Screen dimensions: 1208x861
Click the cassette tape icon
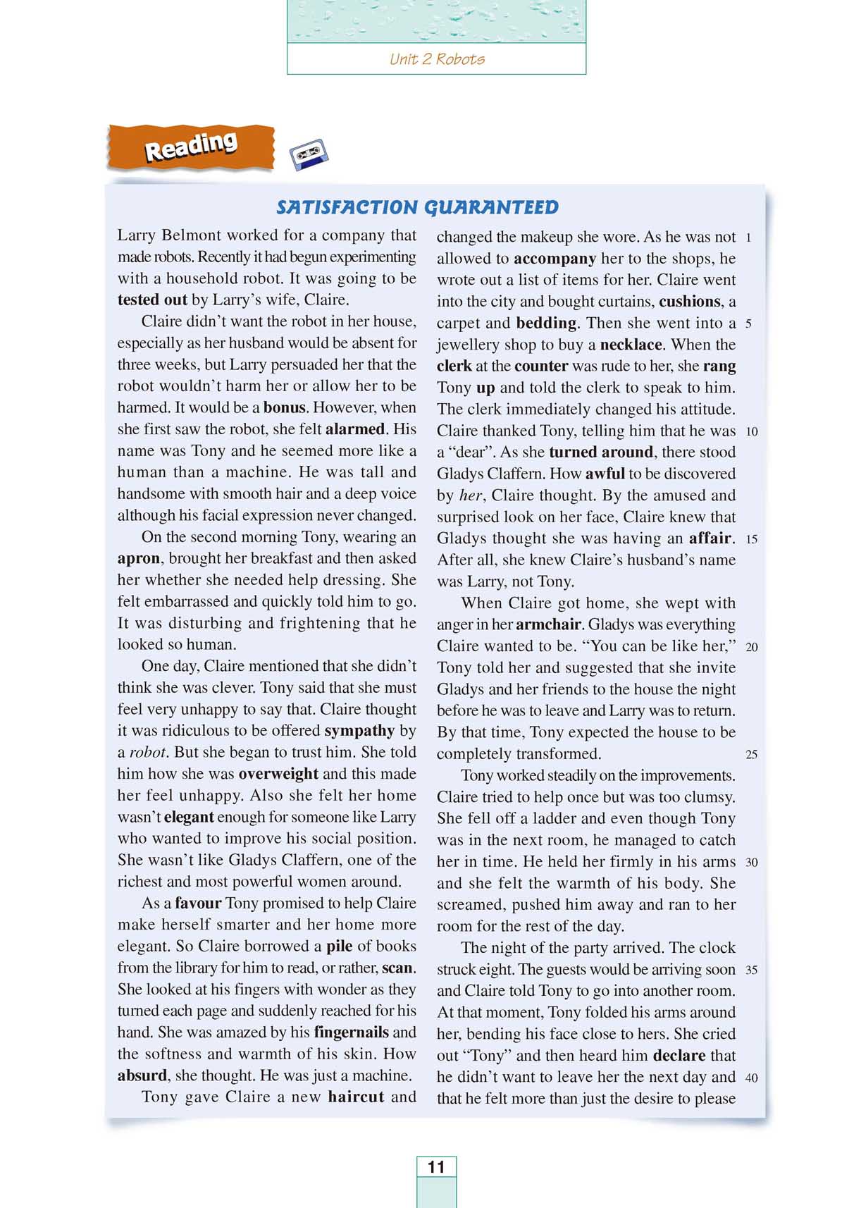coord(309,154)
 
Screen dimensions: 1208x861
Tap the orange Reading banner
coord(190,147)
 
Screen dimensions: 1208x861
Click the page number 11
coord(436,1166)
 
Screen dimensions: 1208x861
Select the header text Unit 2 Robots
coord(437,59)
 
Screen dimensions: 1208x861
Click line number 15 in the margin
coord(751,539)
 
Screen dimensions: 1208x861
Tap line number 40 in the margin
coord(751,1078)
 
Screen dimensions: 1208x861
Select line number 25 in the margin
coord(751,755)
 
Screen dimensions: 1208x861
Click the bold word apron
coord(139,559)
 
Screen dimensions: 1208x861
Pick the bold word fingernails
coord(351,1033)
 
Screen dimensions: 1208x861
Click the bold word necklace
coord(631,345)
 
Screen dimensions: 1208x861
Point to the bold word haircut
coord(356,1097)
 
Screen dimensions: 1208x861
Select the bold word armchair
coord(549,624)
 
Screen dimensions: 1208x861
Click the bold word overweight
coord(278,774)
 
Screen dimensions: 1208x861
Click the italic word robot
coord(148,753)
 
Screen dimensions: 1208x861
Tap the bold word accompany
coord(555,259)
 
